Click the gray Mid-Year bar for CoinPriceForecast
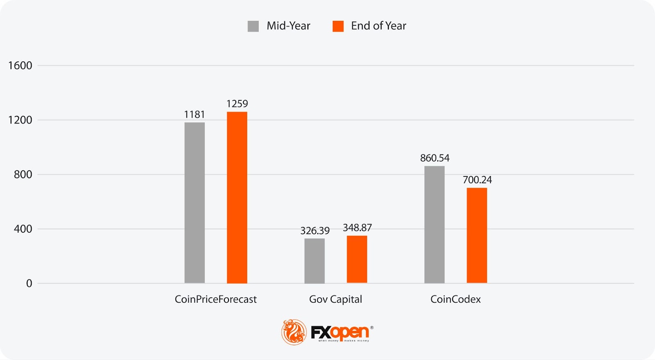(194, 203)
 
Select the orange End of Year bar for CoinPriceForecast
(237, 197)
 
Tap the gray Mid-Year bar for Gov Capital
(314, 261)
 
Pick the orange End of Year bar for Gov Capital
(357, 259)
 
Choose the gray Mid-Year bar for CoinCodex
(434, 224)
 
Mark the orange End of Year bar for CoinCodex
(477, 235)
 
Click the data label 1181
(194, 115)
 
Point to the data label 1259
(237, 104)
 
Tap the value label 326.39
(315, 231)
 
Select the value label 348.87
(357, 228)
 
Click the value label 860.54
(435, 158)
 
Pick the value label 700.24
(477, 180)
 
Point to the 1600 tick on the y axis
(20, 66)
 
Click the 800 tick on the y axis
(23, 174)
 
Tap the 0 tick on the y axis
(29, 283)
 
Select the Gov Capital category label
(336, 299)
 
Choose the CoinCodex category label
(456, 299)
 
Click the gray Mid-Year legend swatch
(253, 26)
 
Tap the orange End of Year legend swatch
(338, 26)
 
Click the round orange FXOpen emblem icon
(294, 332)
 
